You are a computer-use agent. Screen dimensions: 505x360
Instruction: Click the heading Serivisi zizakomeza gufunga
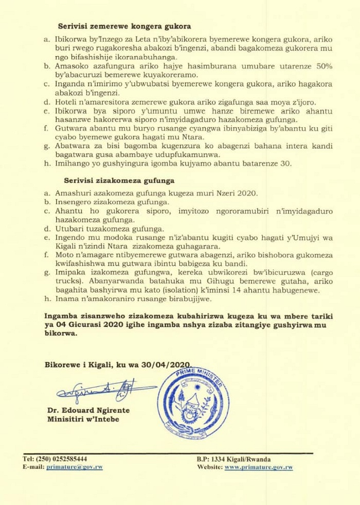point(119,181)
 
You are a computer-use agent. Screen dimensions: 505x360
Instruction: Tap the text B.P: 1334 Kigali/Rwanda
point(233,459)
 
